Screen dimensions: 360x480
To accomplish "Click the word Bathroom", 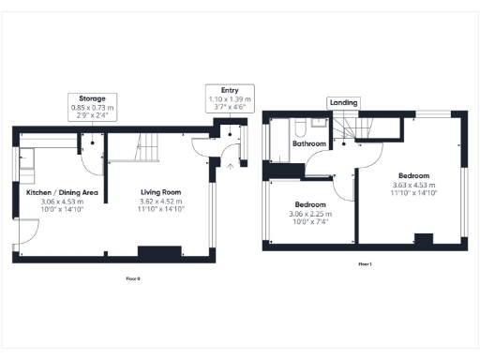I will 308,144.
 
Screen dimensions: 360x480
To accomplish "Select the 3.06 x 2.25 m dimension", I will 310,214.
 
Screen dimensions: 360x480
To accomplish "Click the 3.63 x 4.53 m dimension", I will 413,186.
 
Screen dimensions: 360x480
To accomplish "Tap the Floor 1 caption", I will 366,265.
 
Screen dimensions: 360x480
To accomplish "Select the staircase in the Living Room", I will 151,146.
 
